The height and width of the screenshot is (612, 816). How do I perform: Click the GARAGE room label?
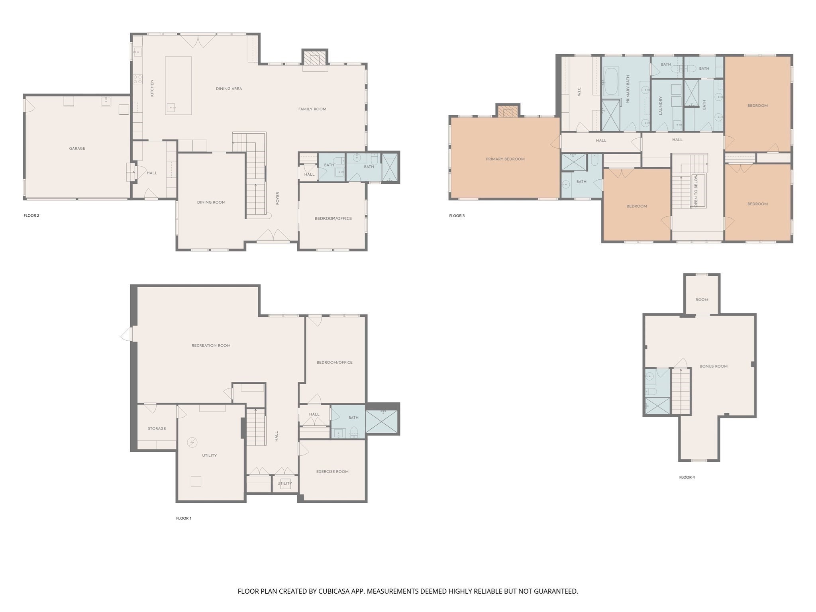tap(77, 149)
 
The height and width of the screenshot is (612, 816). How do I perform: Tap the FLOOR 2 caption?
tap(31, 216)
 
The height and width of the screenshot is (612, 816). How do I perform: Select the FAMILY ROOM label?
tap(312, 109)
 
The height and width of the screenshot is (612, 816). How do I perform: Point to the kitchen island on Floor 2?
tap(178, 85)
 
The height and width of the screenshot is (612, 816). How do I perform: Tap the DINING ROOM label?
tap(211, 202)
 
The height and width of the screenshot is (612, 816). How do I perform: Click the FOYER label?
tap(278, 198)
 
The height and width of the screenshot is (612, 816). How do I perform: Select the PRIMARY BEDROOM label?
tap(505, 159)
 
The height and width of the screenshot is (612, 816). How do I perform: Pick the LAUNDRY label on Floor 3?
tap(660, 106)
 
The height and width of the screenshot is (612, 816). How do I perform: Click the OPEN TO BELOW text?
tap(696, 191)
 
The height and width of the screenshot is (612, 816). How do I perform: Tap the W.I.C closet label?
tap(579, 92)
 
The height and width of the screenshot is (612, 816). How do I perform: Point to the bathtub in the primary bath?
tap(610, 82)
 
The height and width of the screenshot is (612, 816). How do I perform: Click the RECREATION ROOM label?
tap(211, 345)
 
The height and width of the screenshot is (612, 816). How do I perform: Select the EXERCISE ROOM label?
tap(332, 471)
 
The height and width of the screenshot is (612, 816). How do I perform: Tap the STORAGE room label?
tap(157, 429)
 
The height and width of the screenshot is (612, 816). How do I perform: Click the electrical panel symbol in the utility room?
tap(192, 443)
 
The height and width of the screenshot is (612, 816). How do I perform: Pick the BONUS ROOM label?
tap(713, 366)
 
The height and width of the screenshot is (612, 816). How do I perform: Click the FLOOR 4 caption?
tap(687, 477)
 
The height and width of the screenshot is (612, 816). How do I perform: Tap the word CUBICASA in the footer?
tap(334, 591)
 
